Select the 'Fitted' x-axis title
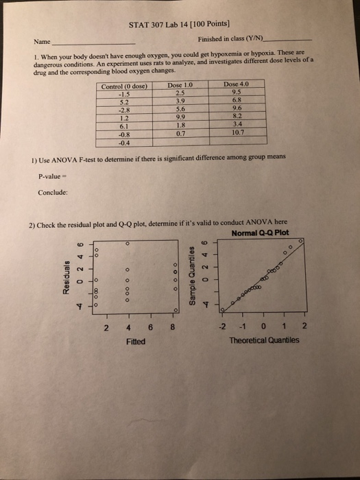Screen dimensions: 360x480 [x=136, y=341]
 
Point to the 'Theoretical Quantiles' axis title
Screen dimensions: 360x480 [x=264, y=339]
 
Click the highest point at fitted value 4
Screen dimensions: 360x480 [x=128, y=243]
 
